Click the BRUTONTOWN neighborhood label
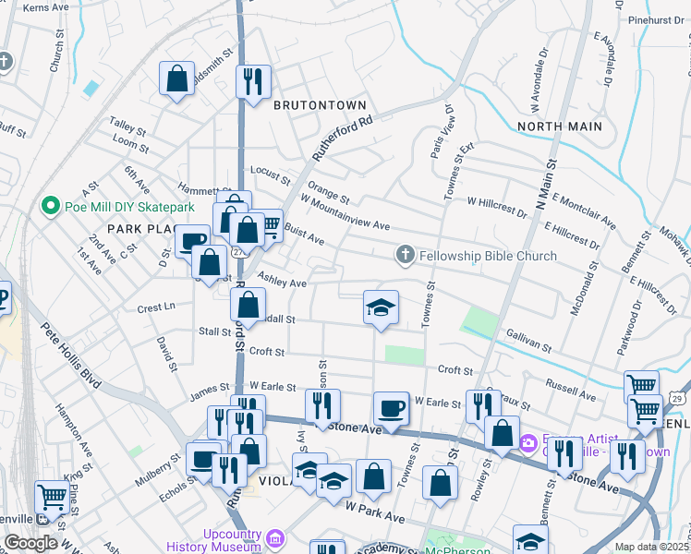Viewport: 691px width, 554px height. (x=320, y=105)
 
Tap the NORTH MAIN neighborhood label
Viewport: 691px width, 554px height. (x=559, y=126)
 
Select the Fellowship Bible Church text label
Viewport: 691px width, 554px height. (x=488, y=256)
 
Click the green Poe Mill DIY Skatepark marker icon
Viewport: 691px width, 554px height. (x=48, y=205)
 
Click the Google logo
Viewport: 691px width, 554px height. (x=30, y=543)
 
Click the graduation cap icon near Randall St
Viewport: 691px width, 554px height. (x=381, y=307)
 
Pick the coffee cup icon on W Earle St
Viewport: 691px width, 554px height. (x=391, y=408)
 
